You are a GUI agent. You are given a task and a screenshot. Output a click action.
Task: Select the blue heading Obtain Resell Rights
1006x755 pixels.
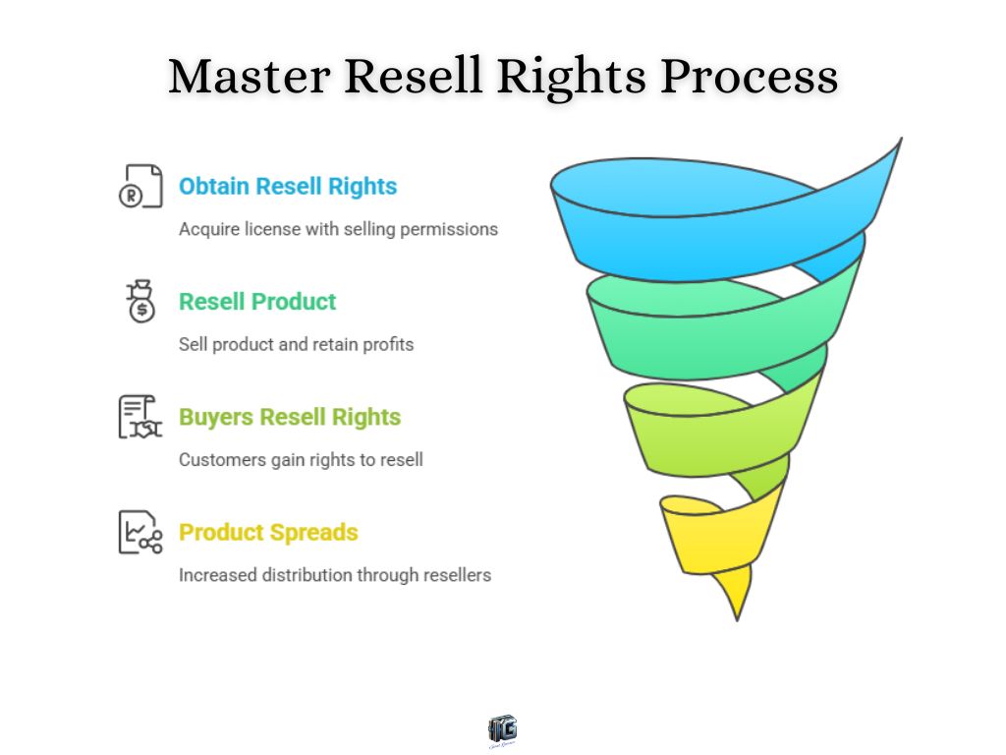288,187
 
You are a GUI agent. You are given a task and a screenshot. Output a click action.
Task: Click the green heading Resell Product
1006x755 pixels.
257,302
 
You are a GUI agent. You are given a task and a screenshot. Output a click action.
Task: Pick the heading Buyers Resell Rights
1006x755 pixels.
290,417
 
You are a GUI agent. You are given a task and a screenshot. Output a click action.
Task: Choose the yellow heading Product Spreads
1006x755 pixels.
268,533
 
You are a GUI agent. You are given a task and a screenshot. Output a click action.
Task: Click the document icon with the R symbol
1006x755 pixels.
140,187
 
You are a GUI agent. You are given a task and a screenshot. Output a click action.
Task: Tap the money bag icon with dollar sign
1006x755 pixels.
140,302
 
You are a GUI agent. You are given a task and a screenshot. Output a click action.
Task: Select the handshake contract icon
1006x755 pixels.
140,417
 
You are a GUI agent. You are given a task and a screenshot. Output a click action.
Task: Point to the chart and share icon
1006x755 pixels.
140,532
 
